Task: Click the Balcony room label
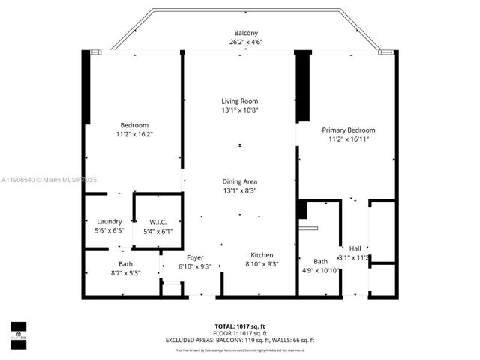(245, 33)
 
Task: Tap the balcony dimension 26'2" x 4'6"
(245, 43)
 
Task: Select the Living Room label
(239, 101)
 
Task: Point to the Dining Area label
(239, 181)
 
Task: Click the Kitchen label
(262, 255)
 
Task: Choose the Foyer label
(195, 257)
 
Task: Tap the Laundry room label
(109, 221)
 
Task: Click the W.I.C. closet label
(157, 222)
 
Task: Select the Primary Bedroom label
(348, 130)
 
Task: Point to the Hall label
(355, 248)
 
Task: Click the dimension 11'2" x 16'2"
(134, 134)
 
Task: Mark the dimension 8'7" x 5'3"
(125, 272)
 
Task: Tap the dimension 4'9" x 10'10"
(321, 270)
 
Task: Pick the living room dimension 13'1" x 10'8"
(239, 110)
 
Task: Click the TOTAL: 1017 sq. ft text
(240, 326)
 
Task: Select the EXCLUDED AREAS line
(240, 340)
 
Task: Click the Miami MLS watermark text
(45, 180)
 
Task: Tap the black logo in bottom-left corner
(18, 330)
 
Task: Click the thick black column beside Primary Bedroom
(303, 86)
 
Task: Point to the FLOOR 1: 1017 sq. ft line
(240, 333)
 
